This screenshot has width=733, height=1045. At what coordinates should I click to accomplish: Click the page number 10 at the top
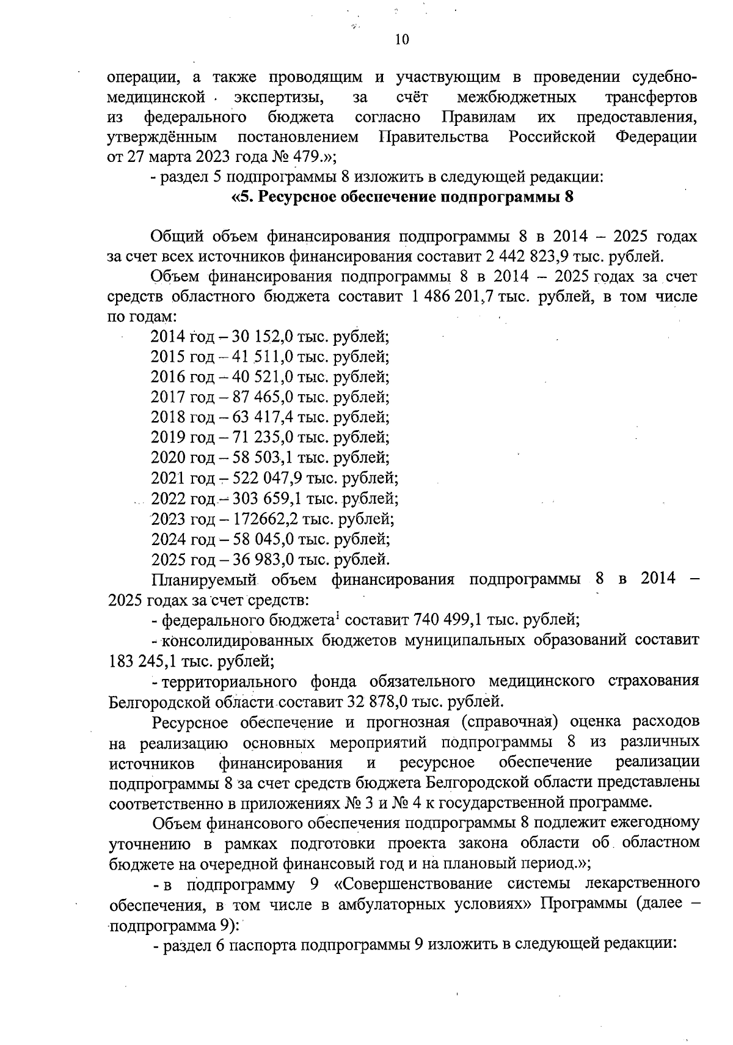[x=402, y=40]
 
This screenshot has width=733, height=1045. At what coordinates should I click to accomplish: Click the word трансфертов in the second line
[x=650, y=97]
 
